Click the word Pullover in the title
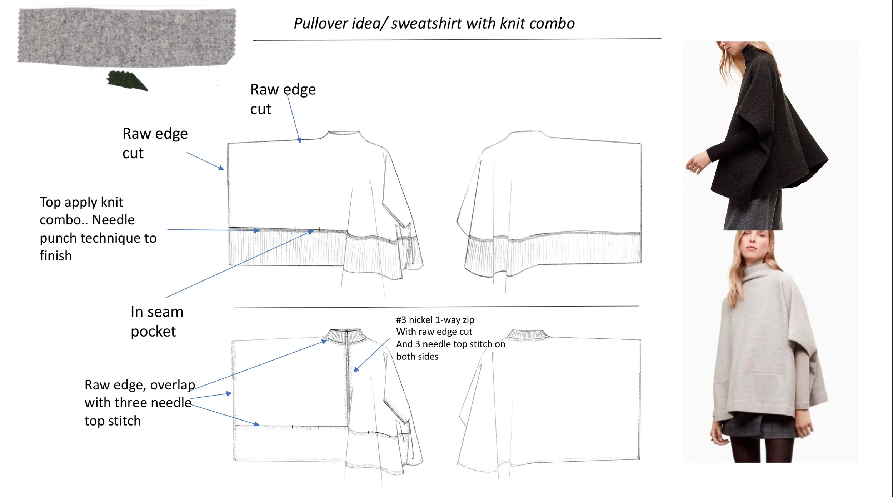pyautogui.click(x=320, y=24)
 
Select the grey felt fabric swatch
pyautogui.click(x=127, y=38)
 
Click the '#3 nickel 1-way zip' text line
pyautogui.click(x=435, y=320)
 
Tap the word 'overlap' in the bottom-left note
pyautogui.click(x=173, y=385)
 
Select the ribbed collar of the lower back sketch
pyautogui.click(x=528, y=334)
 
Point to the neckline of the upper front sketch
pyautogui.click(x=343, y=133)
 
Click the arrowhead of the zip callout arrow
pyautogui.click(x=355, y=370)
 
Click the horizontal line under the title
pyautogui.click(x=457, y=40)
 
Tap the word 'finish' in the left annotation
pyautogui.click(x=56, y=256)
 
